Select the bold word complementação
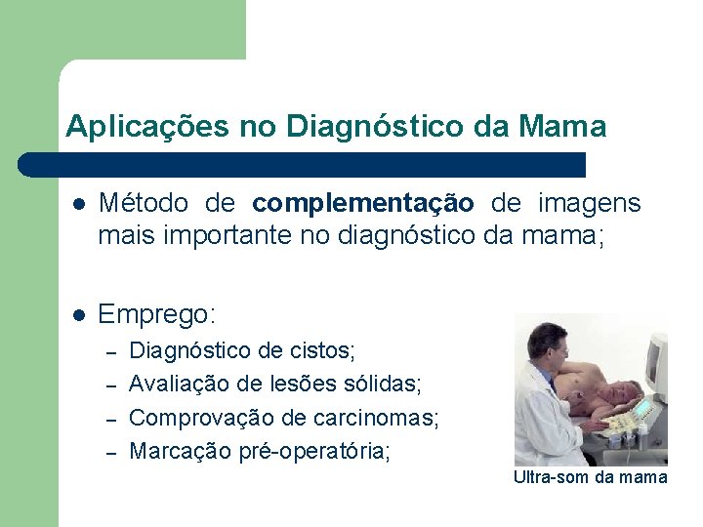pyautogui.click(x=363, y=204)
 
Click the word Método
pyautogui.click(x=145, y=203)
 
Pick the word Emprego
pyautogui.click(x=156, y=315)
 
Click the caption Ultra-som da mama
pyautogui.click(x=590, y=477)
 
